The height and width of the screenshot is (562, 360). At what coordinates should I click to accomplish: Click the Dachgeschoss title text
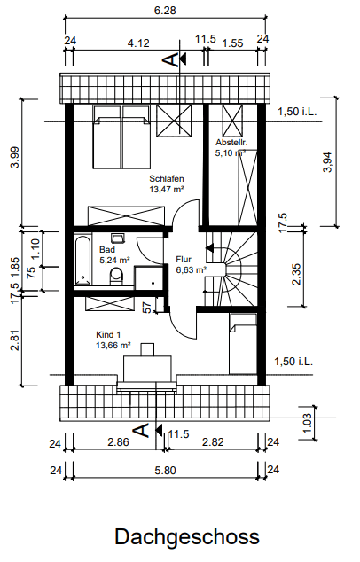186,536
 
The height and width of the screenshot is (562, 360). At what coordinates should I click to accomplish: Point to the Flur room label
184,259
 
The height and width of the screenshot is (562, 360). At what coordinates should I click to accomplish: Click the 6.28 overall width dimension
165,10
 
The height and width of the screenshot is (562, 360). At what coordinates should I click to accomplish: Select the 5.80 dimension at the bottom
166,469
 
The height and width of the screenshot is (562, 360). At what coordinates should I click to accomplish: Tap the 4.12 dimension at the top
138,43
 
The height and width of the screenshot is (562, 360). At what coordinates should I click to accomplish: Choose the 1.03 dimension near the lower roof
308,423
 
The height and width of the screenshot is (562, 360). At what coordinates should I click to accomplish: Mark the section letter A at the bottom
138,431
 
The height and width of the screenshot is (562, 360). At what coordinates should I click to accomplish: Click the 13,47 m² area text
166,189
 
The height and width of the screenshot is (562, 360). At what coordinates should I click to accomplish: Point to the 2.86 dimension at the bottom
117,441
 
